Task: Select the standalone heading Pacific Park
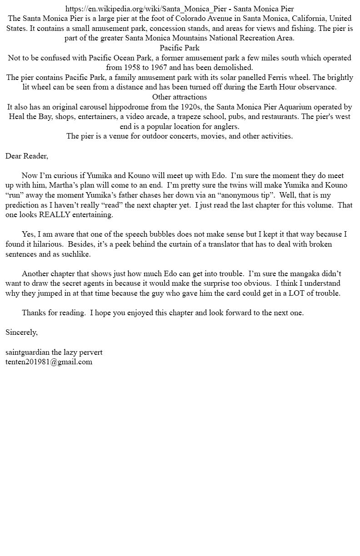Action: tap(180, 48)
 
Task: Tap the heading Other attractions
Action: tap(180, 97)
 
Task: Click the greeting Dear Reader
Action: tap(26, 156)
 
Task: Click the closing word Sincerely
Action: tap(21, 332)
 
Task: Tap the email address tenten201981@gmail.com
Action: tap(49, 362)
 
